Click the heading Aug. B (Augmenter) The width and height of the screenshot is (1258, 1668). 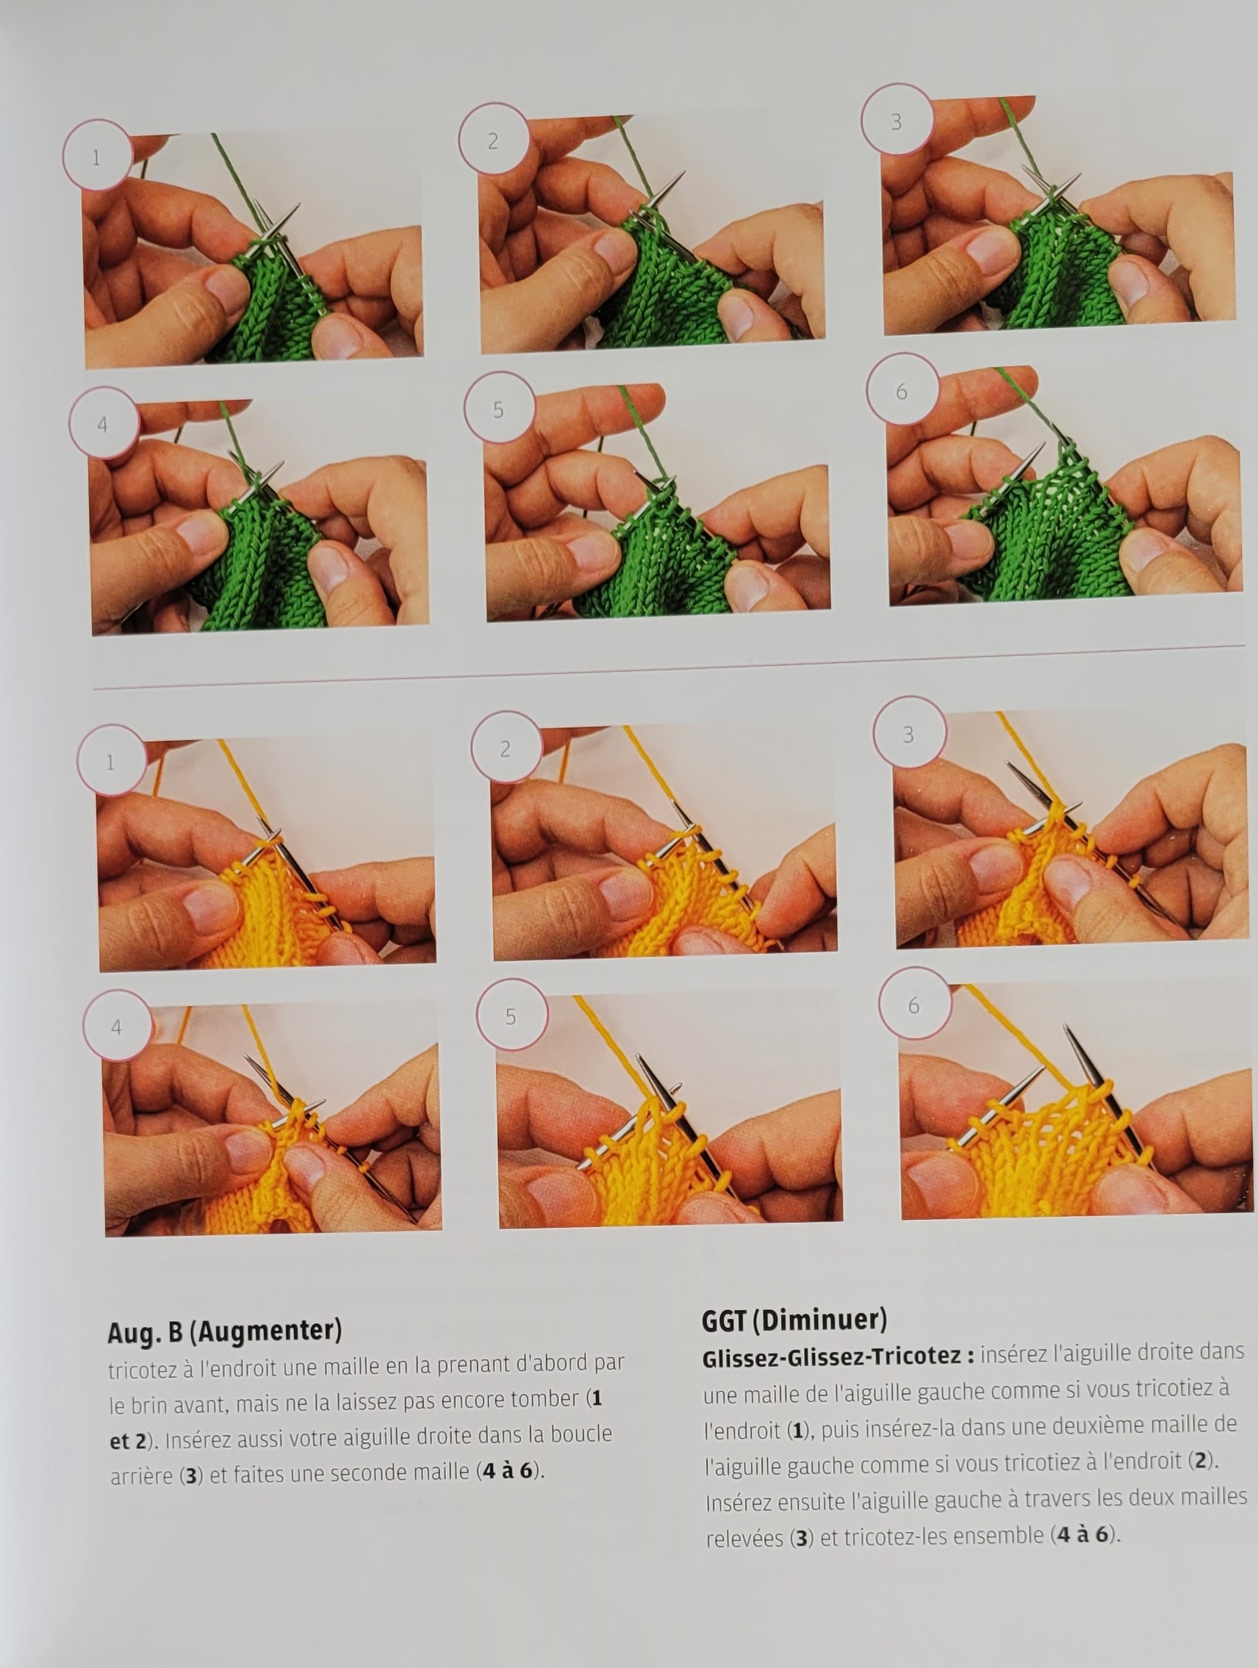pos(225,1331)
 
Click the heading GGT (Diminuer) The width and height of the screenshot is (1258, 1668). pos(794,1319)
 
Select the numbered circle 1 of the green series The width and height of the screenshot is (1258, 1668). pos(97,155)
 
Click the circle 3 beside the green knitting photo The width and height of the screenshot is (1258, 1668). pos(896,119)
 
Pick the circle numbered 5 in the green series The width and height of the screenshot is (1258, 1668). pos(498,409)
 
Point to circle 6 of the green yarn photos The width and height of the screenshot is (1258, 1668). pos(902,391)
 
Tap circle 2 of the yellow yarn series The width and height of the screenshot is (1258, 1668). pos(506,747)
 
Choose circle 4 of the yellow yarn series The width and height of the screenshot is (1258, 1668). pos(118,1027)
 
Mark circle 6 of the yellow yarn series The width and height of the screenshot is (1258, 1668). pos(914,1004)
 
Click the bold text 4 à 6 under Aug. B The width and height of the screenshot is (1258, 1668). pos(508,1470)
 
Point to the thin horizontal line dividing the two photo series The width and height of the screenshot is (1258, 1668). pos(668,666)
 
